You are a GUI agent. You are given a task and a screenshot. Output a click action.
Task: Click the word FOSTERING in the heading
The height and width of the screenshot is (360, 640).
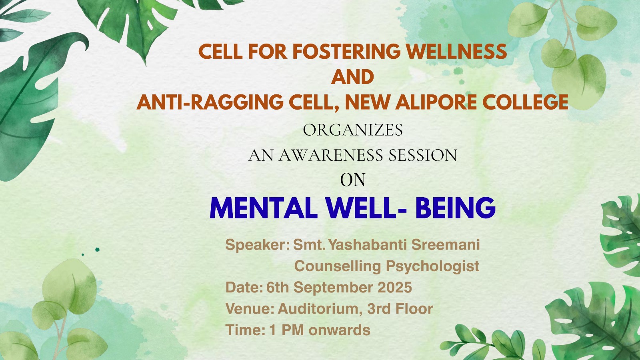click(346, 52)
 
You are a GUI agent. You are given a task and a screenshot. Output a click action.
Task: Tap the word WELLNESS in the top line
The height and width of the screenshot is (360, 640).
click(456, 52)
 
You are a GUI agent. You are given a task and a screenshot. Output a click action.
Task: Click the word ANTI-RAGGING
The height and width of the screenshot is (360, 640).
click(210, 102)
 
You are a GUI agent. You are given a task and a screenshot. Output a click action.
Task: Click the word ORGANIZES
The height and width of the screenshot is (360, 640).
click(353, 130)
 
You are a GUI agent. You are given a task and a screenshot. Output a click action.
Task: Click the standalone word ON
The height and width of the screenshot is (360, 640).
click(352, 180)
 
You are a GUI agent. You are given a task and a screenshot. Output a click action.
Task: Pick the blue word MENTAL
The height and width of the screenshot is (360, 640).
click(264, 208)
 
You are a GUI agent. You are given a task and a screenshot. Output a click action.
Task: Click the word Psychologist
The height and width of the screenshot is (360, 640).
click(432, 266)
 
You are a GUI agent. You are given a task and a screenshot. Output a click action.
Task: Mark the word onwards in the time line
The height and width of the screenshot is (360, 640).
click(340, 330)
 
